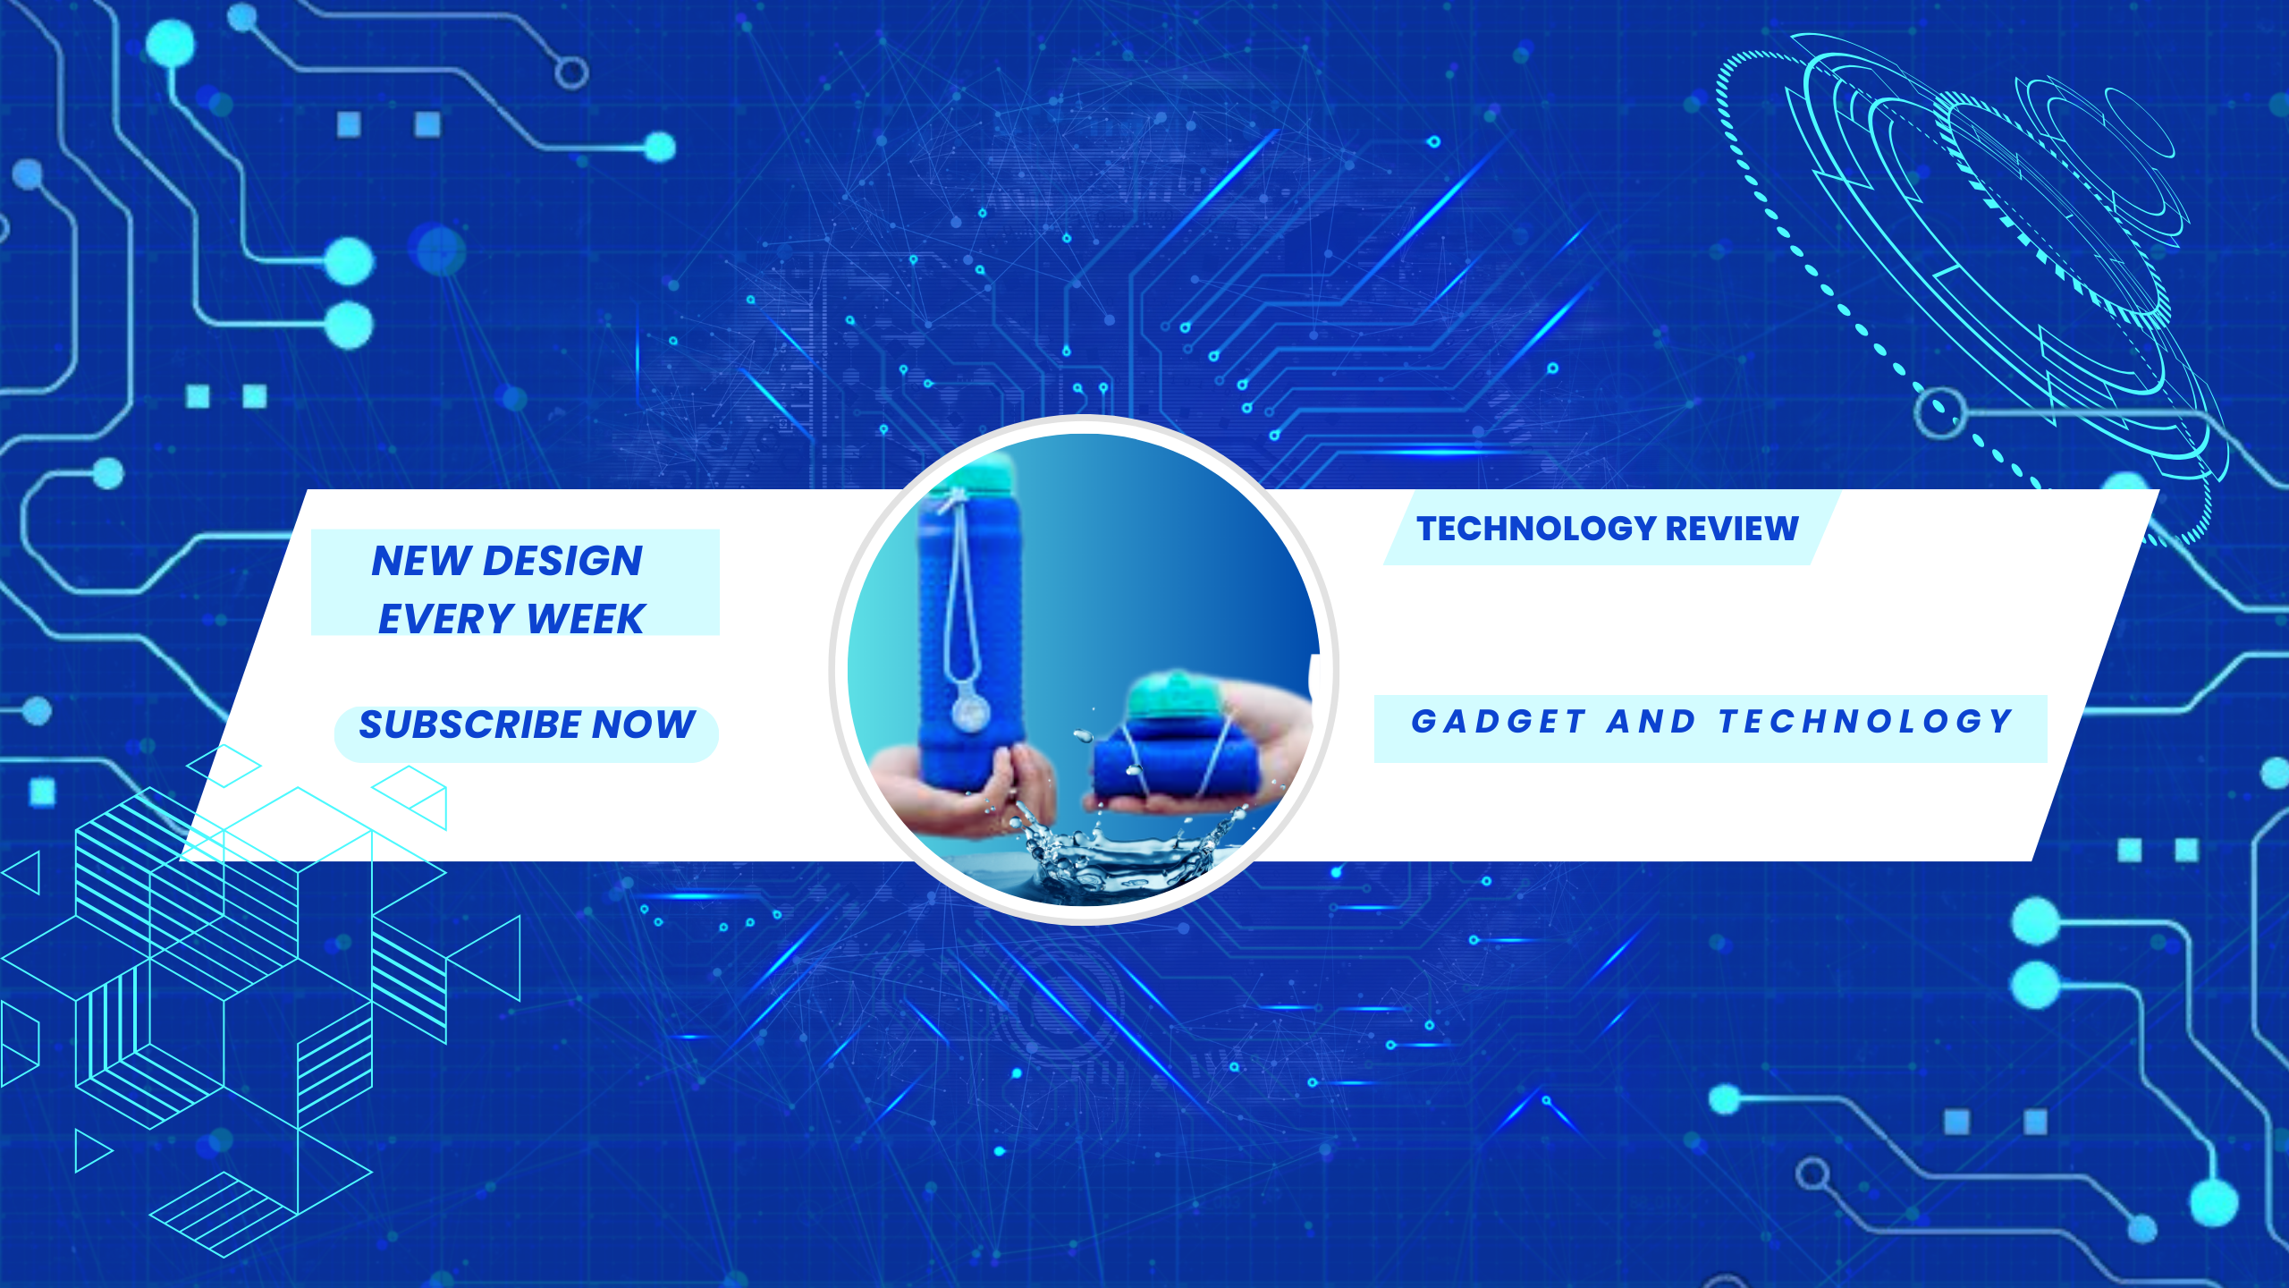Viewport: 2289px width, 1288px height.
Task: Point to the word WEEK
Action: point(586,619)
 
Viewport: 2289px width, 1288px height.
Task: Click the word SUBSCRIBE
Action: point(470,724)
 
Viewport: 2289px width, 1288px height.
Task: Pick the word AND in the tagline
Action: point(1651,721)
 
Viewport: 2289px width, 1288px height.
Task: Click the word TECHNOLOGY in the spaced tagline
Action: point(1866,721)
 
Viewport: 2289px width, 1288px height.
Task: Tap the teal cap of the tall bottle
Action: point(976,474)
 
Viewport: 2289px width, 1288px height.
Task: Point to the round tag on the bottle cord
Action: point(971,711)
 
